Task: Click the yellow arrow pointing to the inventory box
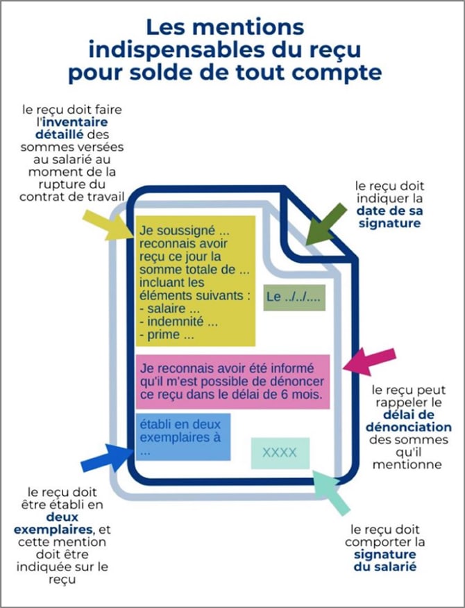[103, 223]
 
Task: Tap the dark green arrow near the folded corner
[327, 224]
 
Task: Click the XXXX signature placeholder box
[280, 453]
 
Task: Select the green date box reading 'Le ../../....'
[294, 297]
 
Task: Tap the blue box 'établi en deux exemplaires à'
[184, 436]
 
